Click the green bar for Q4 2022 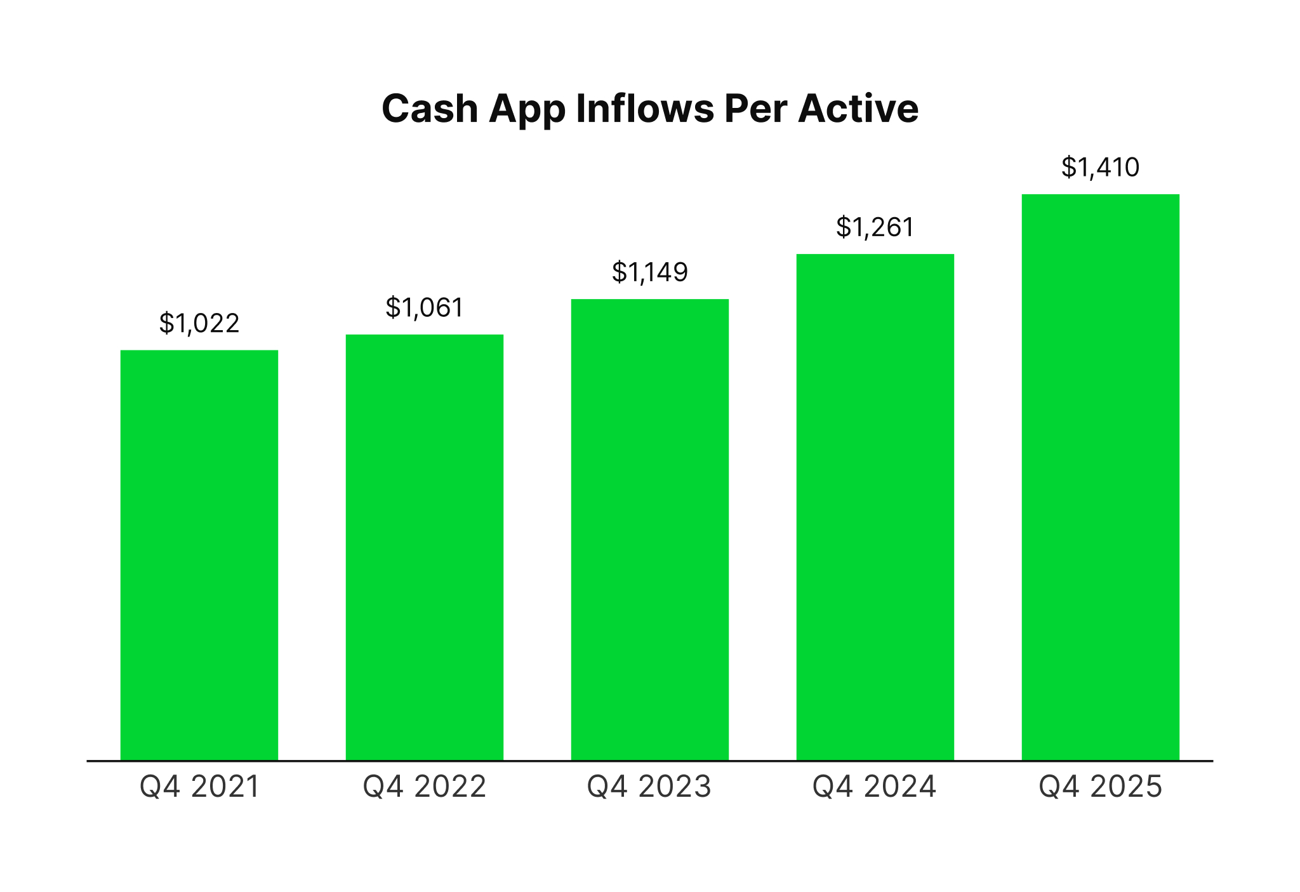click(424, 547)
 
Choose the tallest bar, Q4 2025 click(1100, 477)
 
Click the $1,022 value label click(199, 323)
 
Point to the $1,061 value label click(424, 308)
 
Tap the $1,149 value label click(649, 272)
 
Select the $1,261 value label click(875, 227)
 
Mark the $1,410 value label click(1100, 168)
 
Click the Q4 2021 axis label click(199, 787)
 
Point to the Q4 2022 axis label click(424, 787)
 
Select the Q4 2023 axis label click(649, 787)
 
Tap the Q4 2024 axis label click(875, 787)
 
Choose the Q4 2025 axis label click(1100, 787)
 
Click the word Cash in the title click(430, 109)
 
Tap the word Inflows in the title click(645, 109)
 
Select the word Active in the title click(858, 109)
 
